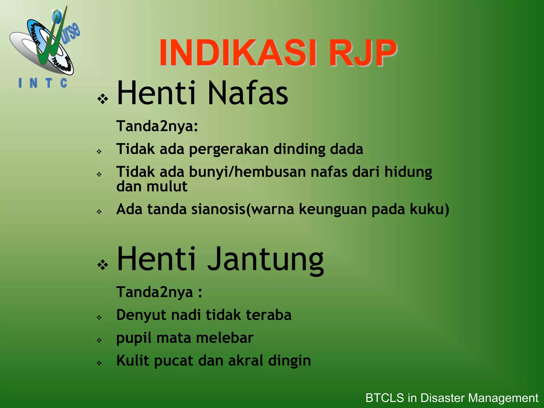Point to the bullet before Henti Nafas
103,99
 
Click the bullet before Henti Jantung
103,265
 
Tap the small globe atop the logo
57,16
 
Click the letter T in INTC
49,83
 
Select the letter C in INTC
64,83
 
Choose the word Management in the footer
503,398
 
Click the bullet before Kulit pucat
99,363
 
